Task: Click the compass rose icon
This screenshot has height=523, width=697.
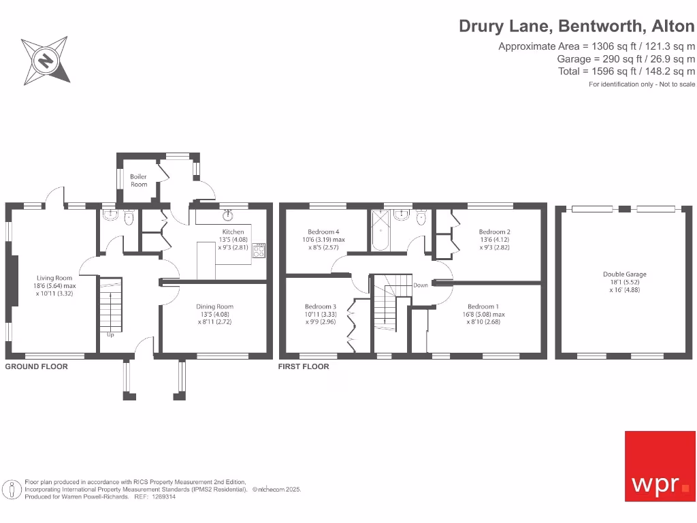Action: click(46, 61)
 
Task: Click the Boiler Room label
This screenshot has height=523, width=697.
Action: click(139, 180)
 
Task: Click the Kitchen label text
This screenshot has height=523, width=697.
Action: click(233, 232)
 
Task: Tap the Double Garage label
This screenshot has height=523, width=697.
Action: click(624, 274)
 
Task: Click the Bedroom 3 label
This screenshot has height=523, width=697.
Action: click(320, 306)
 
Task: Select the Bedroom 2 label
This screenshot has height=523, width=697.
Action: click(494, 232)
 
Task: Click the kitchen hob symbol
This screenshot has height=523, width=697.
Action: click(259, 252)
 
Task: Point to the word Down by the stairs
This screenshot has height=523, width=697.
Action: click(421, 285)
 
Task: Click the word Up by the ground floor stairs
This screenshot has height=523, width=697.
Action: click(110, 335)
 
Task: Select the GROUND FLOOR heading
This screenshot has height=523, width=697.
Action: click(37, 366)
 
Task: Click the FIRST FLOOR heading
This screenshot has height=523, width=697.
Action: click(304, 366)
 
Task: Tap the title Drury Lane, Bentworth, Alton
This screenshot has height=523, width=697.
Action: click(577, 27)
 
